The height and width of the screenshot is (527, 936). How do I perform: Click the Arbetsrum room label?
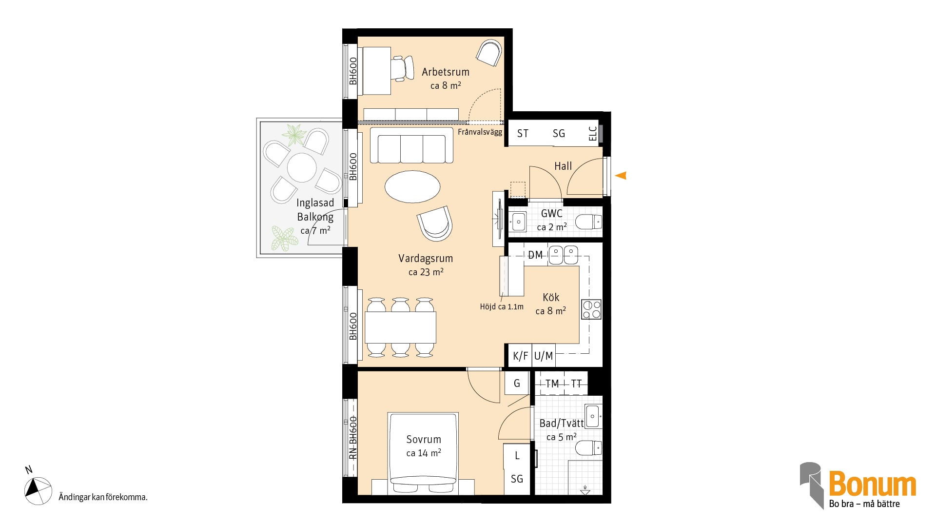point(446,72)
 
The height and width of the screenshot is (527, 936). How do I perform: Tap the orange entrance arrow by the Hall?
point(621,176)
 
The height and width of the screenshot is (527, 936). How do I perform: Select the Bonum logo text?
point(873,484)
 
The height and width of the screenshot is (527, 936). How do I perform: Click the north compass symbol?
point(38,490)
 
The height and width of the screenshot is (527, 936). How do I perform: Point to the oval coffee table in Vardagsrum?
point(412,186)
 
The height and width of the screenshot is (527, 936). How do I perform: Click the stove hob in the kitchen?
point(591,309)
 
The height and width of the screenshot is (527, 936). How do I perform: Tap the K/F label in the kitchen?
point(520,356)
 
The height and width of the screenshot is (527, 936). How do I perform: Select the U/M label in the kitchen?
point(544,356)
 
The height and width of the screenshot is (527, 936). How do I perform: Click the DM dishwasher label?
point(535,255)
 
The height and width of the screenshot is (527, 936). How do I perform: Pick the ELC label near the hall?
point(593,134)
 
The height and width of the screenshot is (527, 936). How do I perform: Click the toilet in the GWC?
point(588,222)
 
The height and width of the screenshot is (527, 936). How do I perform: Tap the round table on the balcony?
point(302,167)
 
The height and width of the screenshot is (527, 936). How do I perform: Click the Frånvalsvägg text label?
point(480,132)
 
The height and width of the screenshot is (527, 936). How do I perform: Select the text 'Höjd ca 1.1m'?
point(502,306)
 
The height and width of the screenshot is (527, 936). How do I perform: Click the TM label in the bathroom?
point(552,384)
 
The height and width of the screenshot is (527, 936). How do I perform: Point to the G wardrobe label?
point(517,384)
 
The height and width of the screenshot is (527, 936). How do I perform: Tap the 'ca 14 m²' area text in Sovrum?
point(424,453)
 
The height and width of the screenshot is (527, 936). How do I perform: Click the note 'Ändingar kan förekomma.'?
point(103,497)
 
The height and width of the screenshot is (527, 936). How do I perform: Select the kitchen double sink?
point(563,255)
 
